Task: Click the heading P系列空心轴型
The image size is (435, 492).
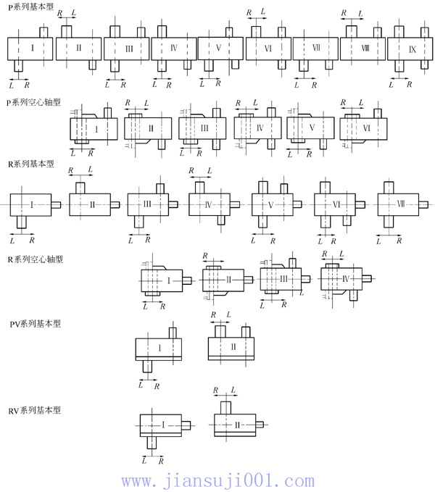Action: (33, 103)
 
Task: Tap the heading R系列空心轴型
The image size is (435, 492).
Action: (34, 259)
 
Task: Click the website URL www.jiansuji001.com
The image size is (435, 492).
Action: (217, 480)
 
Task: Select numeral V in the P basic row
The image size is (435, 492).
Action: (219, 49)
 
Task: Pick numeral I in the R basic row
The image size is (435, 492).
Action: (32, 205)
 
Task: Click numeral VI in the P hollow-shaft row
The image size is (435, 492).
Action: (365, 128)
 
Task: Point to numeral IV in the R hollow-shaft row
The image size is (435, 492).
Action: (345, 279)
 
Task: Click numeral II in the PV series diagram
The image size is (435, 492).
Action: (233, 346)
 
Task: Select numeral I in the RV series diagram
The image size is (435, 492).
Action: (163, 424)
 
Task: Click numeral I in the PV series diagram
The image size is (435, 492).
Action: (159, 348)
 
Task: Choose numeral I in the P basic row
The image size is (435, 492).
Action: (33, 48)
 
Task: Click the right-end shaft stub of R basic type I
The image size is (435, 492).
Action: (57, 205)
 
